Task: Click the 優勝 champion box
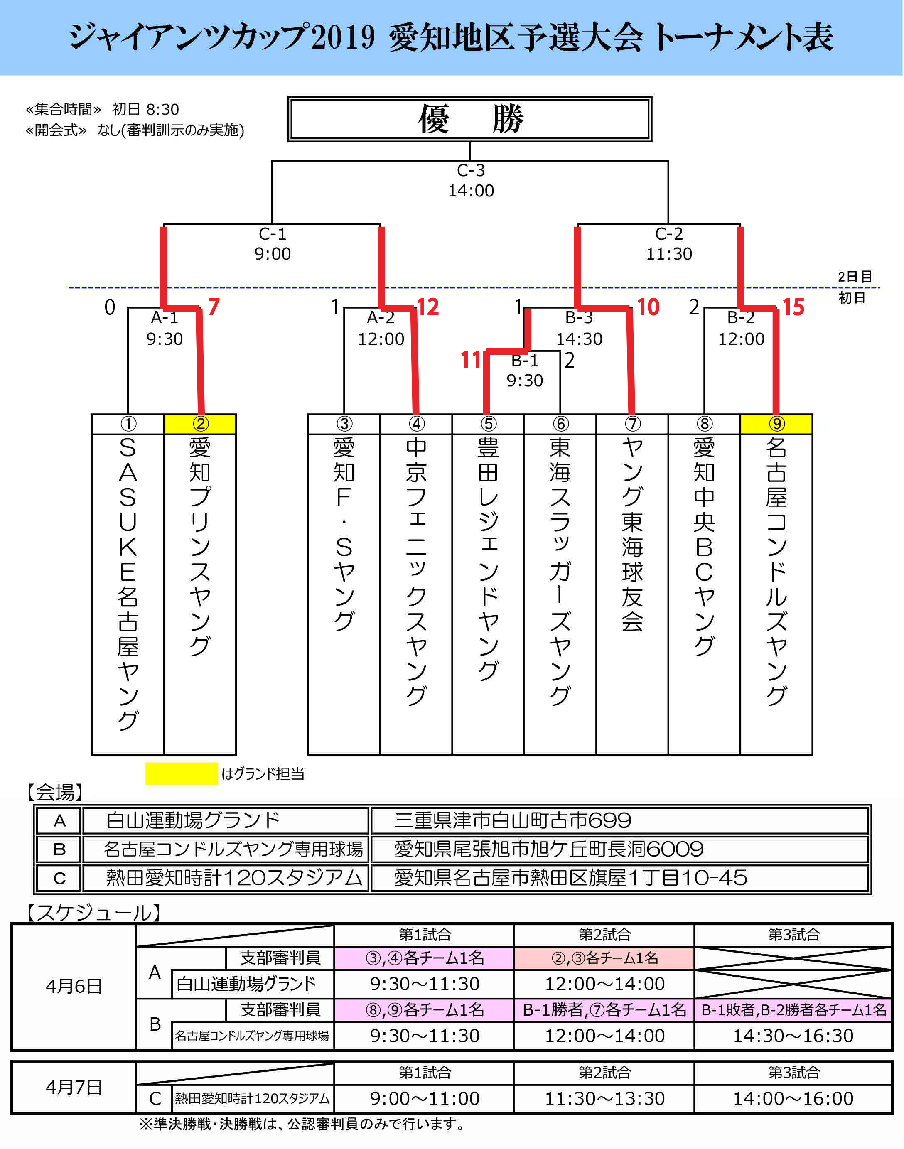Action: point(469,119)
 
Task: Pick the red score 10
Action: point(648,307)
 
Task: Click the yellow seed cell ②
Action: point(200,424)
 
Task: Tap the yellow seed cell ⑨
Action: point(776,424)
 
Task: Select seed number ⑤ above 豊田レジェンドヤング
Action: point(488,424)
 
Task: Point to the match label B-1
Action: point(525,361)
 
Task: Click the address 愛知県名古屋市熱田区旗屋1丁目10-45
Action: point(570,877)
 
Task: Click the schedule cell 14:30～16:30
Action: point(793,1035)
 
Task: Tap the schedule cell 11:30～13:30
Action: point(604,1098)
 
